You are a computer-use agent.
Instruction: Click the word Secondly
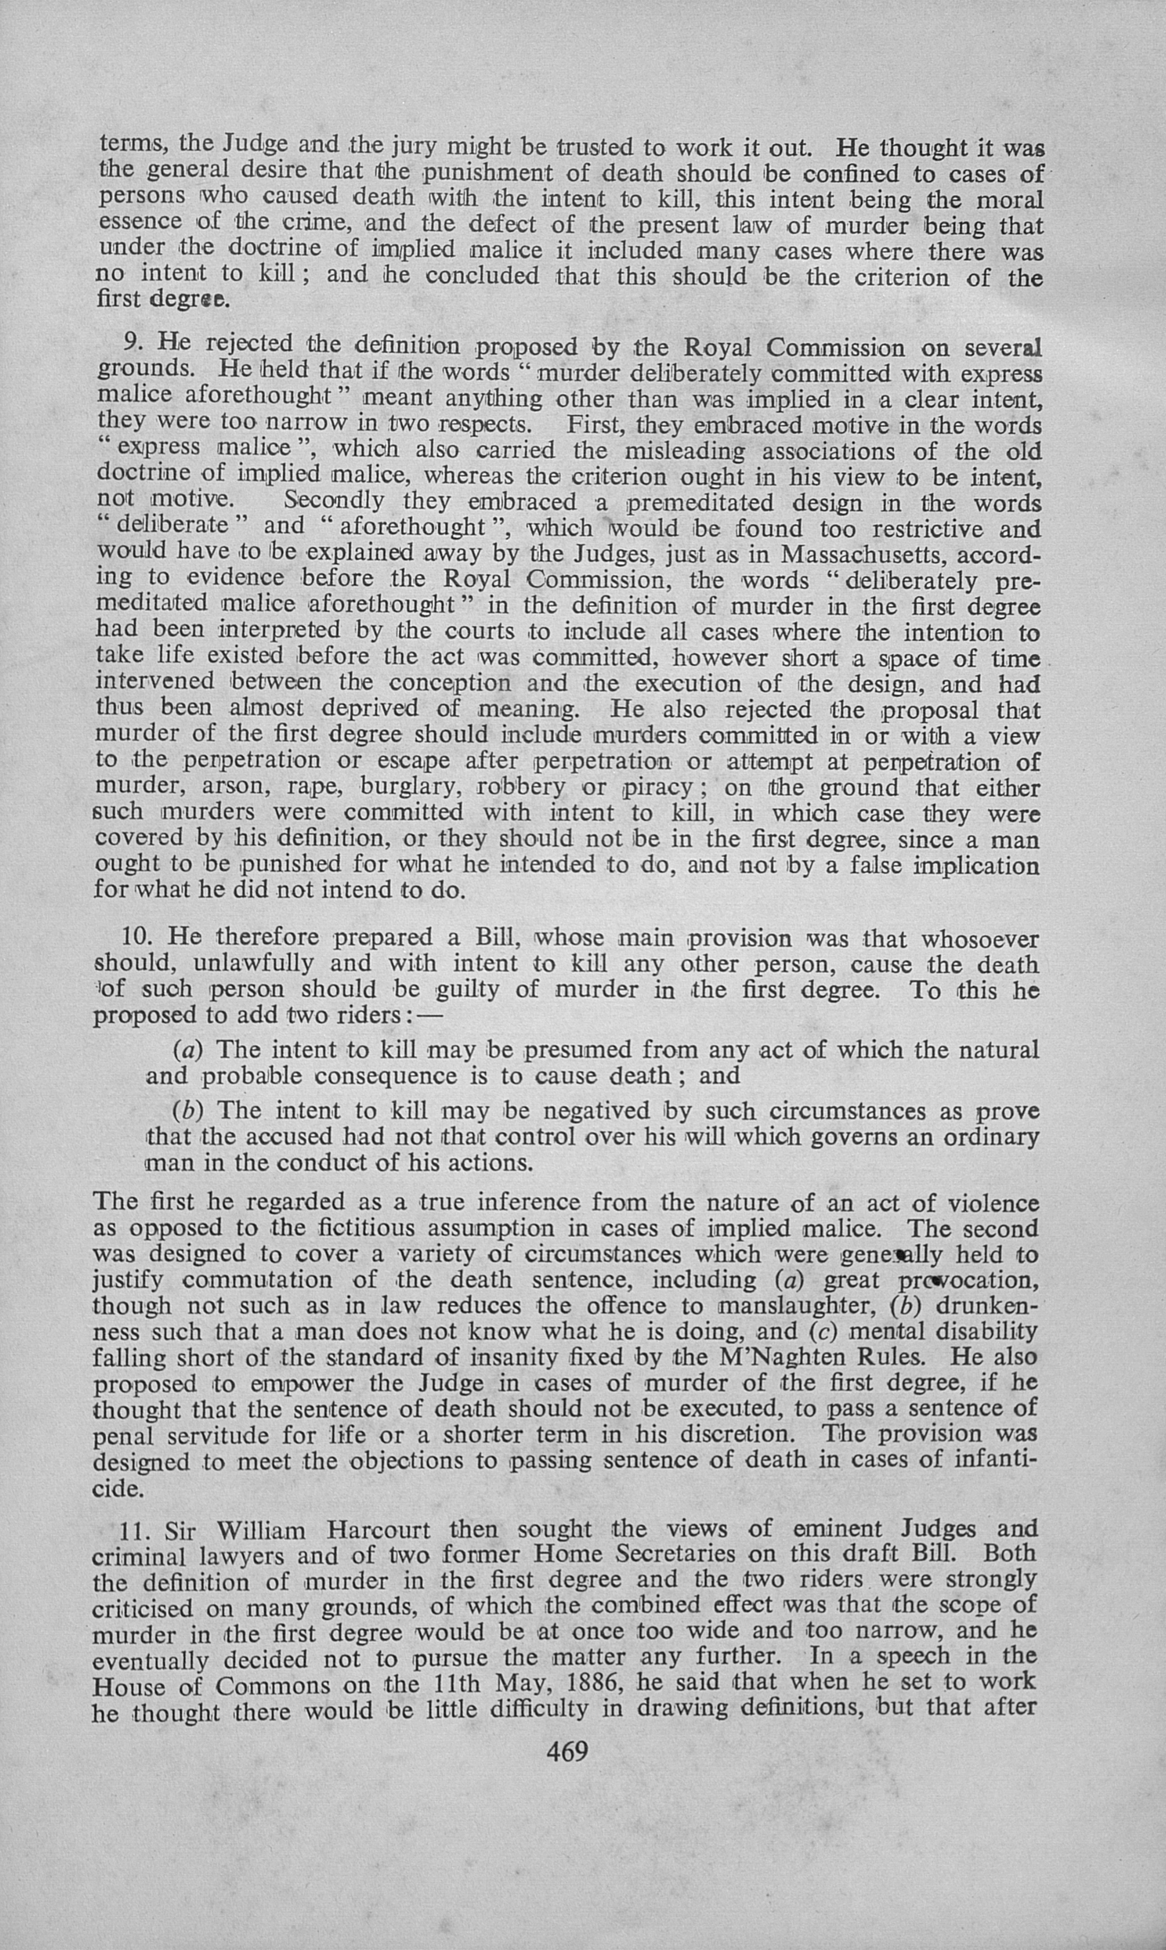click(x=335, y=501)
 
